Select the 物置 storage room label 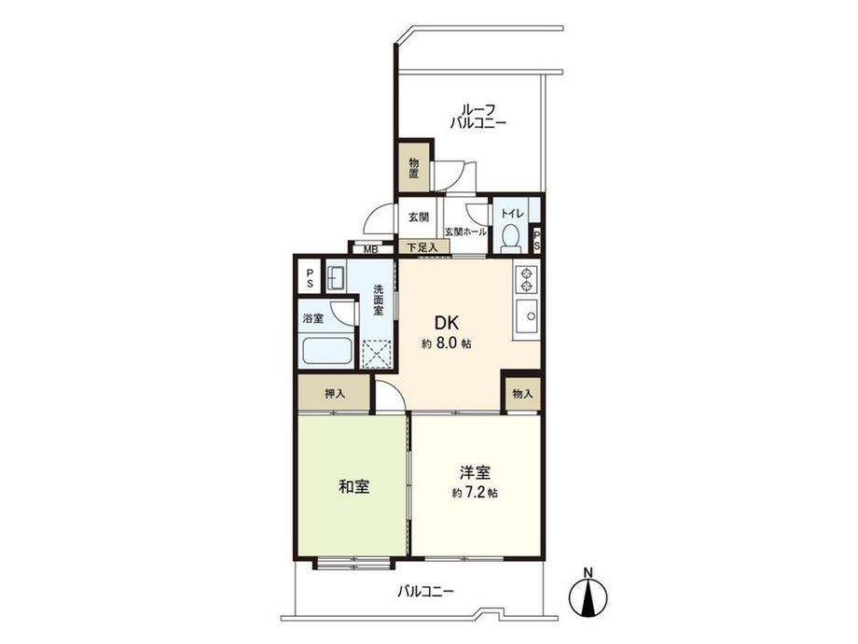pos(414,170)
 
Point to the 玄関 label pos(418,217)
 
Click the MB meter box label pos(370,249)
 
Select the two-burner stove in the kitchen pos(526,279)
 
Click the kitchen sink pos(527,319)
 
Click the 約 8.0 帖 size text pos(446,343)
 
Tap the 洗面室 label pos(379,301)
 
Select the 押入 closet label pos(334,394)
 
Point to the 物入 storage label pos(522,394)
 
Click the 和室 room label pos(353,486)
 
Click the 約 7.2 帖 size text pos(474,493)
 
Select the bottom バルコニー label pos(424,591)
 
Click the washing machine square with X pos(379,356)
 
